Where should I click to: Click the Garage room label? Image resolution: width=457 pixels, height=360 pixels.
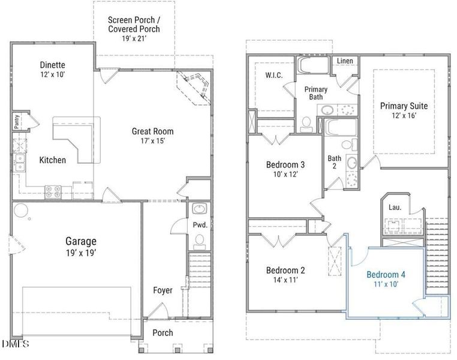pyautogui.click(x=81, y=241)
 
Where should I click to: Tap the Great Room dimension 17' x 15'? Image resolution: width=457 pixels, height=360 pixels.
pyautogui.click(x=153, y=141)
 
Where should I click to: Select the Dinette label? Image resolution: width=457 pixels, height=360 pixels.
pyautogui.click(x=52, y=65)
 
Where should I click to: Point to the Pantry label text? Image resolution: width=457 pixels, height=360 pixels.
pyautogui.click(x=17, y=121)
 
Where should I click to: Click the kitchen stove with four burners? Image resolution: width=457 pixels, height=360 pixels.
pyautogui.click(x=53, y=192)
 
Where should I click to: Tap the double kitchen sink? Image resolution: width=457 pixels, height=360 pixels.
pyautogui.click(x=20, y=163)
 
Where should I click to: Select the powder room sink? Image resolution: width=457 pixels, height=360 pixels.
pyautogui.click(x=199, y=209)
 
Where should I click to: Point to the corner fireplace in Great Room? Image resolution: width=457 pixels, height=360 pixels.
pyautogui.click(x=194, y=87)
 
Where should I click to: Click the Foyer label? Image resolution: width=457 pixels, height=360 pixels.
pyautogui.click(x=163, y=290)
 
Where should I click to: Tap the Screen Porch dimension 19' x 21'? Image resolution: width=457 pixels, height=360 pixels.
pyautogui.click(x=134, y=38)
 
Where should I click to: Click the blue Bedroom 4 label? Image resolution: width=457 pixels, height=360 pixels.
pyautogui.click(x=386, y=275)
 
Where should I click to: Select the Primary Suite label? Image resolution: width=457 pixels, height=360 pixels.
pyautogui.click(x=404, y=106)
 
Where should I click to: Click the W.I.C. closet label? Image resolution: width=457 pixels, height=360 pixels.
pyautogui.click(x=274, y=75)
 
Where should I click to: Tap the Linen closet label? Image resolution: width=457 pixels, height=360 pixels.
pyautogui.click(x=345, y=61)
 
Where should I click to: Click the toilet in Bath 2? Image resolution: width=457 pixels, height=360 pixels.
pyautogui.click(x=349, y=145)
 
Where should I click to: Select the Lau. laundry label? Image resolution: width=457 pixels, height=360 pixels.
pyautogui.click(x=395, y=208)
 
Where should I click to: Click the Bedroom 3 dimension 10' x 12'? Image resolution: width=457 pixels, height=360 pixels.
pyautogui.click(x=285, y=175)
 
